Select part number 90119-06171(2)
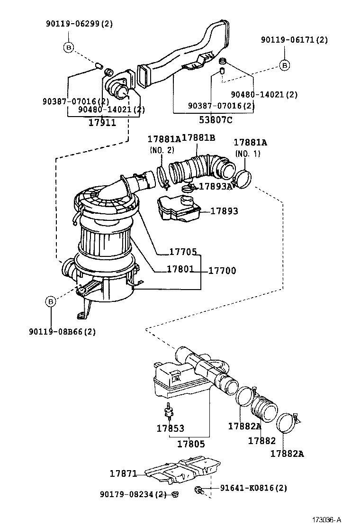(x=294, y=40)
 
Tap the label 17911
(x=102, y=123)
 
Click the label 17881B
(x=198, y=138)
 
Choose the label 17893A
(x=216, y=186)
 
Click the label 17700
(x=222, y=271)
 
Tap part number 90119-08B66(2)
(x=62, y=332)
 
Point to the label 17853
(x=170, y=428)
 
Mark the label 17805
(x=191, y=444)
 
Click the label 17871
(x=123, y=473)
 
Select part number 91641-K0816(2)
(x=253, y=488)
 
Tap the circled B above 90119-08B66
(x=51, y=300)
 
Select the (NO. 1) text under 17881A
(x=247, y=154)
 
